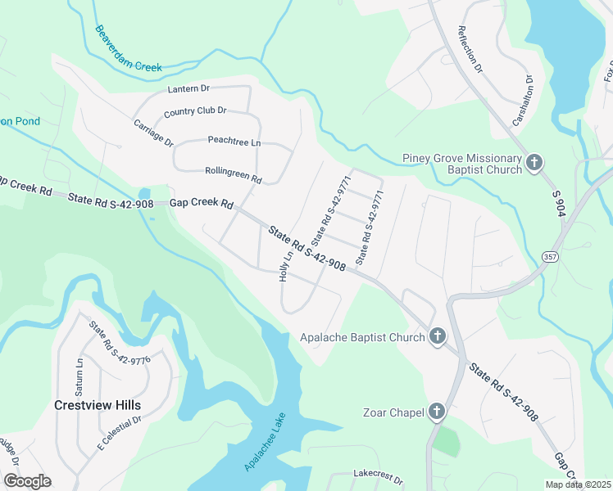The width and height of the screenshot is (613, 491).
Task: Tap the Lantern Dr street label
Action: tap(188, 88)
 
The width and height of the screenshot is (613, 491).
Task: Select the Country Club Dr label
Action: tap(195, 111)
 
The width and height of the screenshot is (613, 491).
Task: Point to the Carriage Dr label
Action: tap(153, 133)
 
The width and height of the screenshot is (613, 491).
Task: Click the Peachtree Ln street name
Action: tap(234, 142)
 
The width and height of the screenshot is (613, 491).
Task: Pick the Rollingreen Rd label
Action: tap(233, 175)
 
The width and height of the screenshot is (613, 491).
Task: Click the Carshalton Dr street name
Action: tap(522, 101)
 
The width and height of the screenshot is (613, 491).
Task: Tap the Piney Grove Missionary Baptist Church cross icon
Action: tap(534, 163)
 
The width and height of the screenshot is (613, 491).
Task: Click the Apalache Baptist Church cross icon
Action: tap(438, 336)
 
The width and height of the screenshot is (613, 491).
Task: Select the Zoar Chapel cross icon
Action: tap(437, 412)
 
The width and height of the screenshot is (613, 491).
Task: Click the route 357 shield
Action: tap(545, 258)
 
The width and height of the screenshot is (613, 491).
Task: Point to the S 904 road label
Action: tap(556, 203)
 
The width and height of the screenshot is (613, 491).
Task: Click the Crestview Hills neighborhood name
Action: tap(98, 405)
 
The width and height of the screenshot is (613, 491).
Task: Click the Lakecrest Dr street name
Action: tap(375, 473)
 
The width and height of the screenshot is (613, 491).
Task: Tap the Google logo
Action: tap(26, 480)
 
